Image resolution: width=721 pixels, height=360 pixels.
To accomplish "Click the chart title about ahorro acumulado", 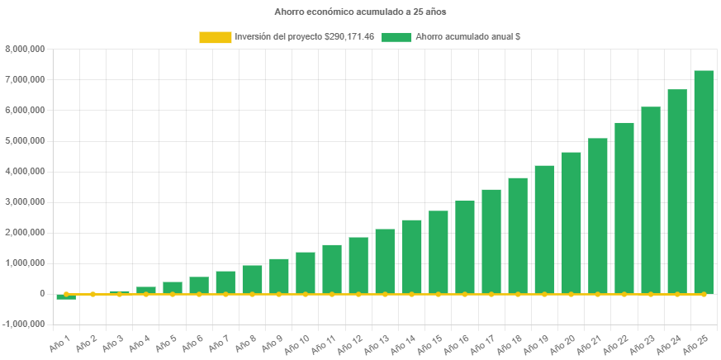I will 360,12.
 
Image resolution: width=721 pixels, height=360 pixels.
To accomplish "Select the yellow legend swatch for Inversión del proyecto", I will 215,37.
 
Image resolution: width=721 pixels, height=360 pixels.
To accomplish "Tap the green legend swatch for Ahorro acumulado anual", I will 396,37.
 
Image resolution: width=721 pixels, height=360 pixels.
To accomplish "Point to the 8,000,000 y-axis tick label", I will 25,49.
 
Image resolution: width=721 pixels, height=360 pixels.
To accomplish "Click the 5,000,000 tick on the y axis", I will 25,140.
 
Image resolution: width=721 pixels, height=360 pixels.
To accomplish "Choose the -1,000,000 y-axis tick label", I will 25,324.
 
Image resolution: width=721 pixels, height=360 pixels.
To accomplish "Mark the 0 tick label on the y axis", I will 41,293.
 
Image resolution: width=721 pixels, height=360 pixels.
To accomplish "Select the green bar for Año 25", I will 704,182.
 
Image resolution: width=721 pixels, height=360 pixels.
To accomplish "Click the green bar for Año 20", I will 571,223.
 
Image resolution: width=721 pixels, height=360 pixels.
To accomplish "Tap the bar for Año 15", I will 438,252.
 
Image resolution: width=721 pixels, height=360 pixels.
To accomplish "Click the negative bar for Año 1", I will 66,297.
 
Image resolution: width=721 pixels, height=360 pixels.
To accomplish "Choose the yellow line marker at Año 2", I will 92,294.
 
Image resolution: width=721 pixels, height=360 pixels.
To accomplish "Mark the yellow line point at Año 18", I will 518,294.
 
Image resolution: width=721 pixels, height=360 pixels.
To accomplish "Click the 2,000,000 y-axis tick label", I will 25,232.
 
